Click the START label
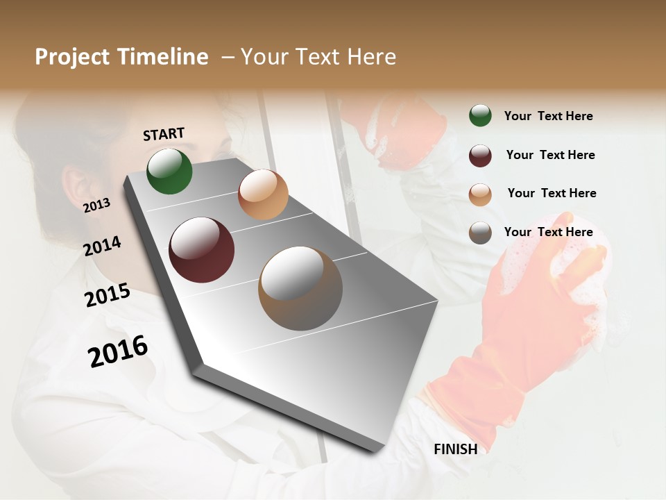(x=164, y=134)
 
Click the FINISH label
(x=456, y=449)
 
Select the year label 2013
(x=96, y=206)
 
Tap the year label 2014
(x=102, y=246)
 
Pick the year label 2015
(x=107, y=295)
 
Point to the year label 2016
(x=118, y=351)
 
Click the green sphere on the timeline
(x=169, y=171)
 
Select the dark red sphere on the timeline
(x=201, y=250)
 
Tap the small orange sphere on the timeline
(x=263, y=194)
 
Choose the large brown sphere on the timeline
(x=300, y=288)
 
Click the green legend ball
(x=480, y=115)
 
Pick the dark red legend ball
(x=480, y=155)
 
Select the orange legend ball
(x=480, y=194)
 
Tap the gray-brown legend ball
(x=480, y=233)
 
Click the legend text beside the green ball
(x=548, y=116)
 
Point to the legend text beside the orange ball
(x=552, y=193)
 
